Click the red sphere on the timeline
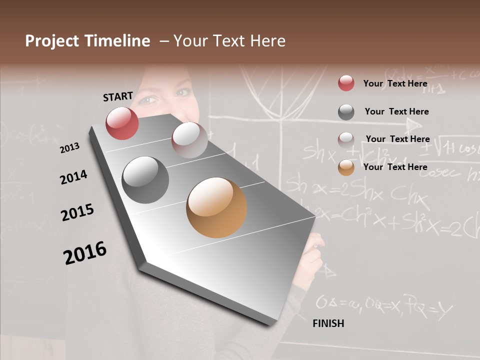pos(122,123)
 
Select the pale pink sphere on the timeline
pos(189,140)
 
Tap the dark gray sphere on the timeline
pos(145,180)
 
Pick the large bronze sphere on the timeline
pos(216,207)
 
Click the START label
pos(118,96)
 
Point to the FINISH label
pos(328,323)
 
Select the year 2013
pos(70,147)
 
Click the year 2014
pos(73,177)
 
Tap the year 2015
pos(77,212)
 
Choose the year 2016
pos(85,253)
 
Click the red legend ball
pos(346,83)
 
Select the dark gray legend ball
pos(346,112)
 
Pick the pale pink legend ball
pos(346,139)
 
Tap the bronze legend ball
pos(346,167)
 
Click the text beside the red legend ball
pos(395,83)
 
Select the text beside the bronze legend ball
pos(395,167)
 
